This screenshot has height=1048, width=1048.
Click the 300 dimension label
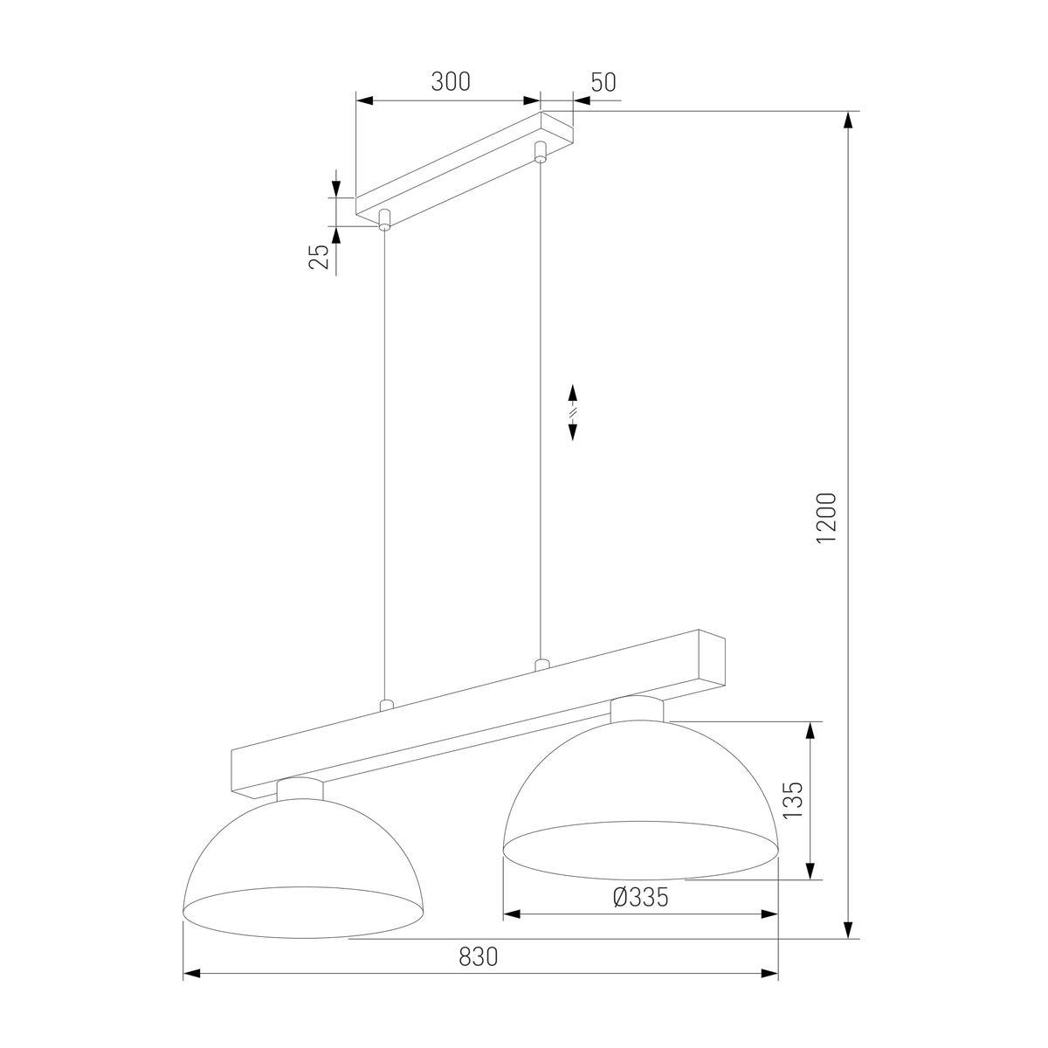click(x=451, y=81)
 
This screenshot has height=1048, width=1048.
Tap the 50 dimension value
click(x=603, y=82)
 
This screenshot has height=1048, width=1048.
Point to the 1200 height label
click(x=825, y=518)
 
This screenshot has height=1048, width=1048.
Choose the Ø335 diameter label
click(x=640, y=897)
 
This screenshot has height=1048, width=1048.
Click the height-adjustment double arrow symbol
click(x=572, y=412)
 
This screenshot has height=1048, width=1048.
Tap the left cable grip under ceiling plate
click(x=384, y=218)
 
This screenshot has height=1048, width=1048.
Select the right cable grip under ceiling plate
click(x=540, y=151)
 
